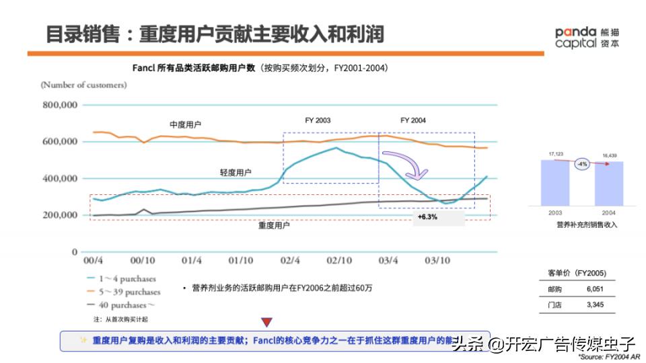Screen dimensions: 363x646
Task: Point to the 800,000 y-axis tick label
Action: (60, 105)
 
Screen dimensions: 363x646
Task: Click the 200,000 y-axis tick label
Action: (60, 215)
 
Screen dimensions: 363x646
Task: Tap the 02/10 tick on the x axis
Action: (340, 260)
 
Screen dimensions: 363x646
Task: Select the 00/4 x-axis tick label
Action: (92, 260)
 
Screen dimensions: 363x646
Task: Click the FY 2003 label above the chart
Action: (318, 120)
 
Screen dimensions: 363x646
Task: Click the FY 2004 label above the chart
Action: (413, 120)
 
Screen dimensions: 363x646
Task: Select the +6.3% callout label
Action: (427, 218)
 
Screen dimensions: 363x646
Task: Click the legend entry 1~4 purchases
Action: (125, 278)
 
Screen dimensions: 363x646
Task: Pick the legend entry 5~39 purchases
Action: (127, 292)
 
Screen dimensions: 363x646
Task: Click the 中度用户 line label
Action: (185, 125)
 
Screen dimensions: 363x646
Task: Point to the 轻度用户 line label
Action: (236, 173)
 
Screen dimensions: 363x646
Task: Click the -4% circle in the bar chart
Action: (581, 163)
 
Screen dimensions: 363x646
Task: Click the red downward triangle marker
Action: (267, 323)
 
